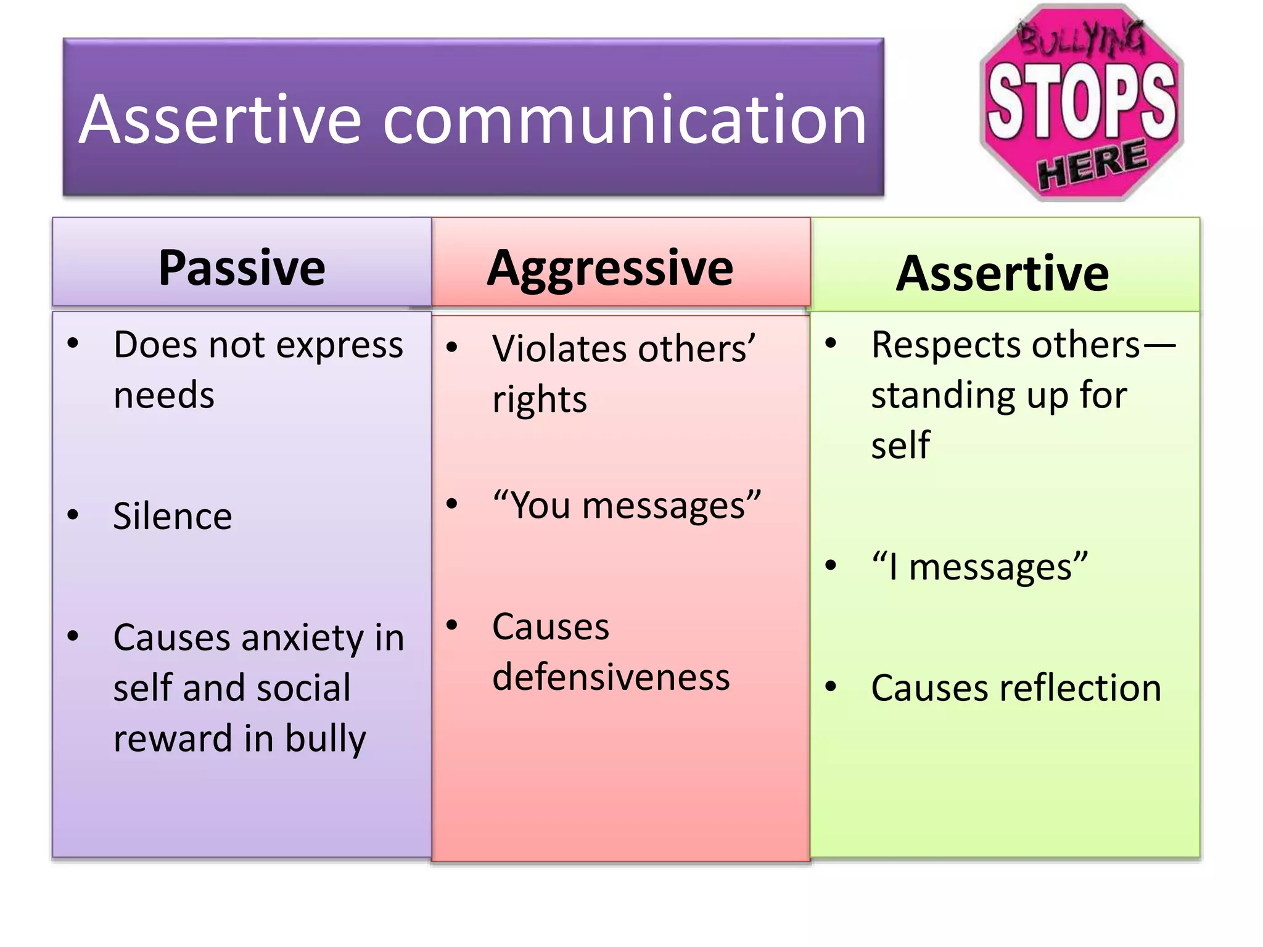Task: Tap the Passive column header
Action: tap(242, 268)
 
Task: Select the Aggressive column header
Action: tap(610, 268)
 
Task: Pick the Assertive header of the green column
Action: tap(1002, 273)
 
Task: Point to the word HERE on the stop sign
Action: tap(1092, 164)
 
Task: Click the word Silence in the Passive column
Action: tap(173, 516)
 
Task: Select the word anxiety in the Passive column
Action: tap(303, 639)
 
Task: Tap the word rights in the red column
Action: tap(540, 400)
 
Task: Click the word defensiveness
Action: tap(611, 677)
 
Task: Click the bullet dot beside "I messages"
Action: tap(831, 565)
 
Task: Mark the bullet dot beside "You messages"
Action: tap(452, 504)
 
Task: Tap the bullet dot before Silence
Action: tap(73, 514)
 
